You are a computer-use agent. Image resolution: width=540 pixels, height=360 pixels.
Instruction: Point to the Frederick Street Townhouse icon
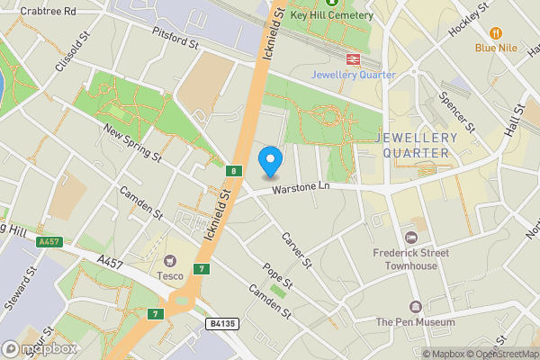point(411,238)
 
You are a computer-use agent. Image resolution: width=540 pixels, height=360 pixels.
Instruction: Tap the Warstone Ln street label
point(302,187)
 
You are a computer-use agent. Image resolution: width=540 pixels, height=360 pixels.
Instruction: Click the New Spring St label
point(131,143)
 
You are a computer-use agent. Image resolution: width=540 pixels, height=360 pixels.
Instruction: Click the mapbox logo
point(40,348)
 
